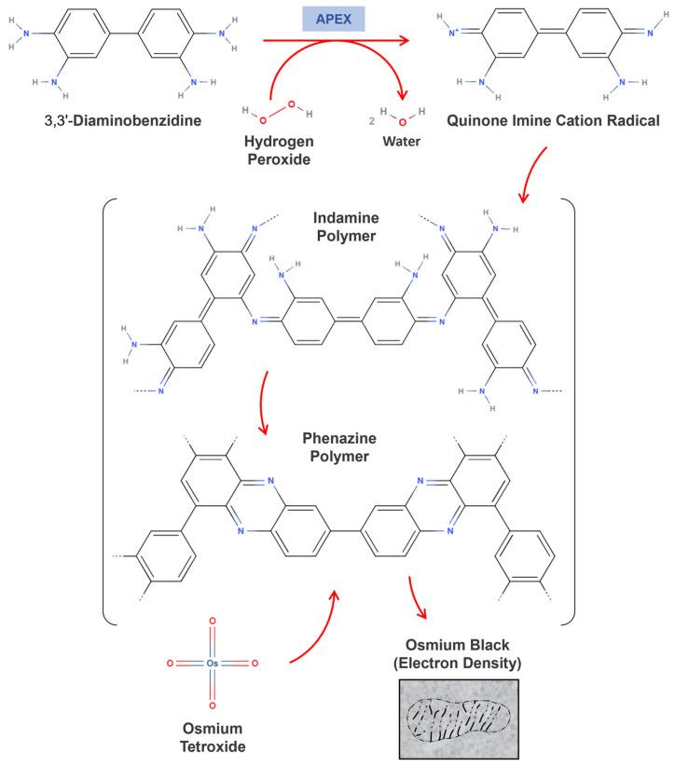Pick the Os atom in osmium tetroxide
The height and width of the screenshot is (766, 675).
point(214,663)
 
